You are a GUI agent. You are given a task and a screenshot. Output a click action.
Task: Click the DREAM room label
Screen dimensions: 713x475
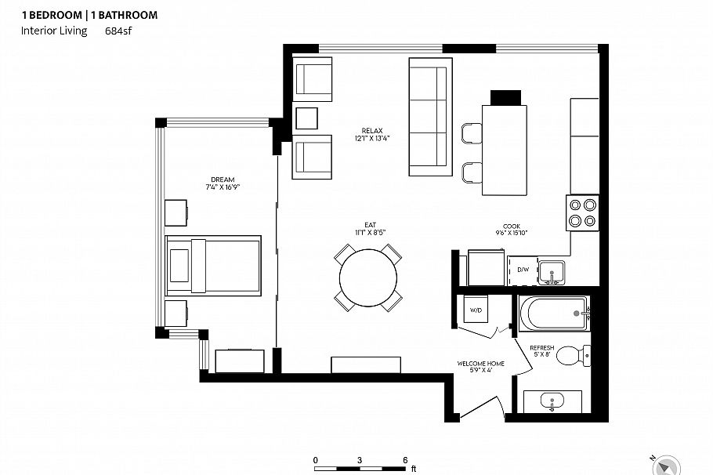[x=223, y=179]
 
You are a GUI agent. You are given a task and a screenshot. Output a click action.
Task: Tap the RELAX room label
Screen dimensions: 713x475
[x=372, y=131]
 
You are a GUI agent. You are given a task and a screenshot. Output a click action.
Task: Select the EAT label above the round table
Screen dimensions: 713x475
[x=370, y=225]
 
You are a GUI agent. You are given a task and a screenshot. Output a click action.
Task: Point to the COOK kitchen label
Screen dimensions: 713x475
[x=512, y=226]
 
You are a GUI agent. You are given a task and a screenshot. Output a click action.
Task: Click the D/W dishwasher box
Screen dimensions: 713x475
[x=523, y=270]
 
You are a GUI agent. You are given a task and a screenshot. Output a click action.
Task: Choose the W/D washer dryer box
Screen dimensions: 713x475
[x=476, y=310]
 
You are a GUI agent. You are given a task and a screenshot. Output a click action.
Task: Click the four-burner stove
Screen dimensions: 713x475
[x=582, y=212]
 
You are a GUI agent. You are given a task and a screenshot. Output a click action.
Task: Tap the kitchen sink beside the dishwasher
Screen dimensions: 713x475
[x=552, y=273]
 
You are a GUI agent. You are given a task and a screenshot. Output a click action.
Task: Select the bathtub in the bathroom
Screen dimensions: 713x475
[x=554, y=314]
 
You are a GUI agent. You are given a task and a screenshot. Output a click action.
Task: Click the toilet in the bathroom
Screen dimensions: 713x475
[x=574, y=355]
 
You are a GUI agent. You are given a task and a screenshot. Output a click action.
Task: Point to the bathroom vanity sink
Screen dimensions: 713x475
[x=552, y=401]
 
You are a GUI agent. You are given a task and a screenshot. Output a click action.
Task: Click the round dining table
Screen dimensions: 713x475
[x=368, y=277]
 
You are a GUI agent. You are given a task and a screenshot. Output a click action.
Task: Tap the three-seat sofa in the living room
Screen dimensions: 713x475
[x=431, y=117]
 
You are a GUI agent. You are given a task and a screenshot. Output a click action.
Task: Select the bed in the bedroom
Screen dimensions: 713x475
[x=213, y=265]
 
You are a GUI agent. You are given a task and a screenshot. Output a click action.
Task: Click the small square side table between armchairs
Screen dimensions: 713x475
[x=306, y=118]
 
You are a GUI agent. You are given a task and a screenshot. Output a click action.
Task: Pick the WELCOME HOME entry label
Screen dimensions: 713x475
[x=480, y=364]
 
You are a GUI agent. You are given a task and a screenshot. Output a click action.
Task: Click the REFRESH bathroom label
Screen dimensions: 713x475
[x=542, y=347]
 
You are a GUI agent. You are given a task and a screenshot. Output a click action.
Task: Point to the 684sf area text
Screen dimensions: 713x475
[x=118, y=31]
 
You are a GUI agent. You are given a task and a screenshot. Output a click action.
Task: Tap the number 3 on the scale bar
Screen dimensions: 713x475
[x=360, y=460]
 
